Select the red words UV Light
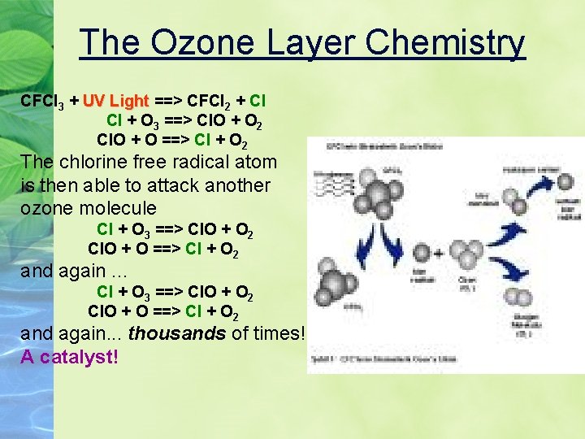click(116, 102)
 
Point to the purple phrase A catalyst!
click(69, 356)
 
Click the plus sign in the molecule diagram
click(439, 254)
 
